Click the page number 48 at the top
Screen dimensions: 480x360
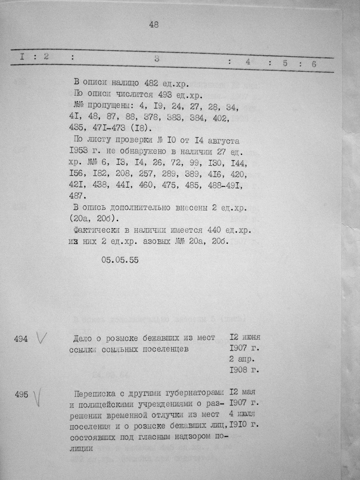(154, 25)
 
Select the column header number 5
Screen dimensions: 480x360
(285, 63)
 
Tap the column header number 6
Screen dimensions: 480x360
(314, 64)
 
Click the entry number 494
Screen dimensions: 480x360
(21, 339)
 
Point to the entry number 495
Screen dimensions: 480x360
(21, 394)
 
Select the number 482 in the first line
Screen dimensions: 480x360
(152, 83)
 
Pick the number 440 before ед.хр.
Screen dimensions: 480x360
(214, 230)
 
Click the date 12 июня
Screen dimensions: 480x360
(245, 337)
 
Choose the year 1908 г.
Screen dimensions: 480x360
(244, 370)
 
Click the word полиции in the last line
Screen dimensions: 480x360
(82, 448)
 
